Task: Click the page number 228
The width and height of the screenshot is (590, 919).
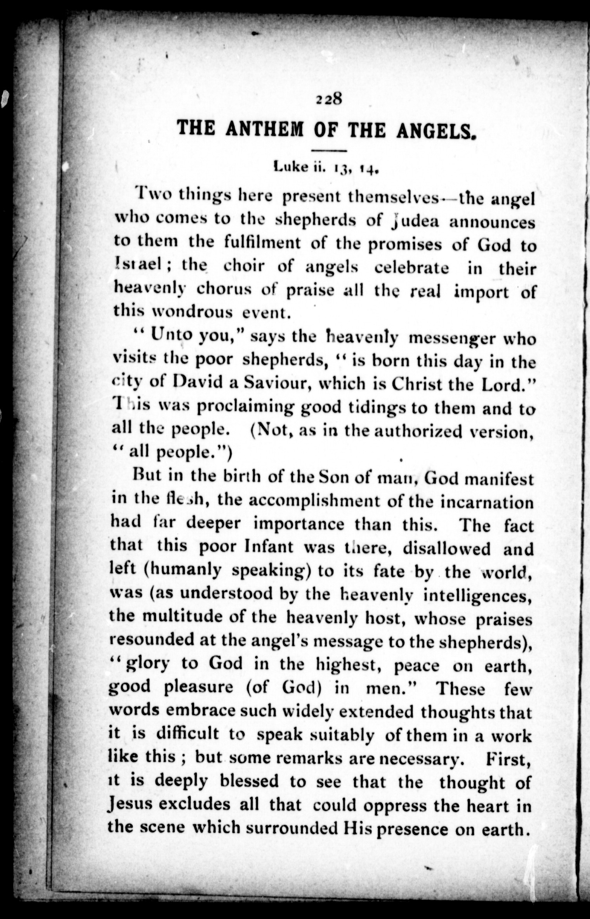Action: [328, 100]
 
